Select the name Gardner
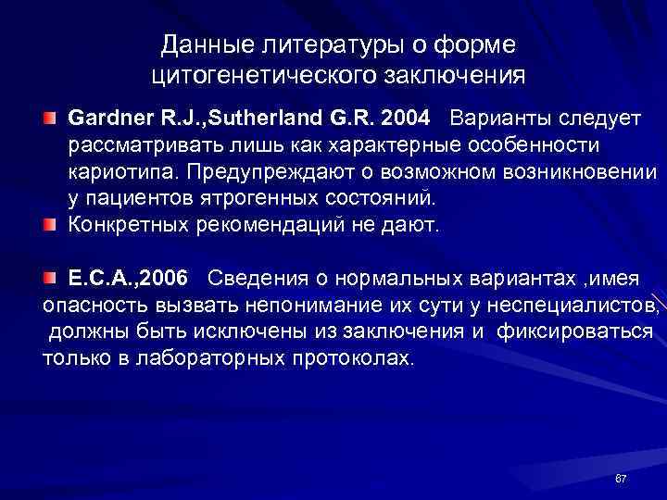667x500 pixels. pyautogui.click(x=104, y=119)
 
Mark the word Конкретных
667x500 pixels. pyautogui.click(x=123, y=224)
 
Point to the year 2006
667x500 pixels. pyautogui.click(x=164, y=279)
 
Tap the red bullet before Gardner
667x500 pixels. pyautogui.click(x=49, y=120)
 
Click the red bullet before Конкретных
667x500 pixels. pyautogui.click(x=49, y=225)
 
